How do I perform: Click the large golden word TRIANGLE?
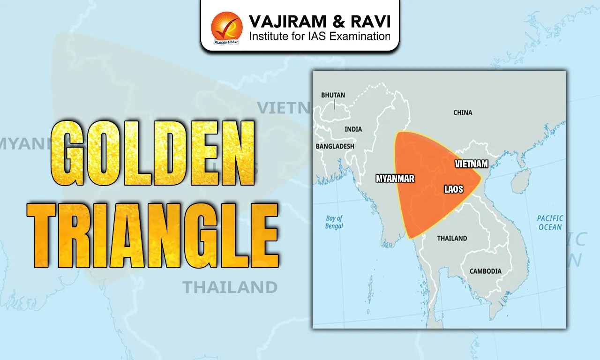[x=153, y=234]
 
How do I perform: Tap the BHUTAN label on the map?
[x=333, y=95]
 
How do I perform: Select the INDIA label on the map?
[x=353, y=129]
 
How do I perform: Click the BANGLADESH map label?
[x=335, y=146]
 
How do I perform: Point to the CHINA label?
[x=463, y=112]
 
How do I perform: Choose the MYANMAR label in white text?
[x=395, y=179]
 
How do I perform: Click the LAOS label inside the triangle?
[x=453, y=189]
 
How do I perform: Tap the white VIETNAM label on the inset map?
[x=472, y=164]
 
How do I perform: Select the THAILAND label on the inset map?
[x=452, y=238]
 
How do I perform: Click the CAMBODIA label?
[x=485, y=271]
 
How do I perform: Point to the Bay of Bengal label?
[x=334, y=222]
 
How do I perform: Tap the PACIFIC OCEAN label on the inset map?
[x=550, y=223]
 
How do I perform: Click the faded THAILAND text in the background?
[x=230, y=287]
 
